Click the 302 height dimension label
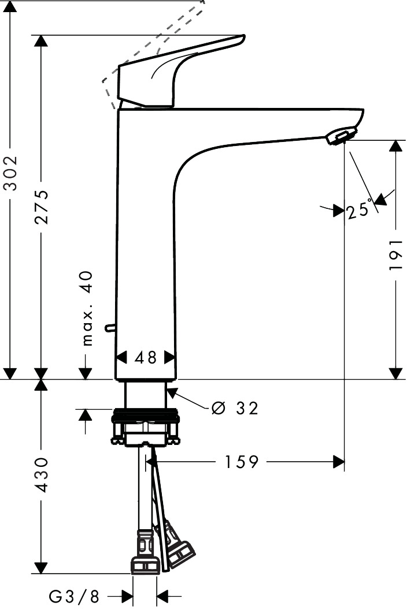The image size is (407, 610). (x=10, y=173)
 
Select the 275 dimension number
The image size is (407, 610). (x=41, y=207)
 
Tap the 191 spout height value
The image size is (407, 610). (x=395, y=255)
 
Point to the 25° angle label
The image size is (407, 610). (x=360, y=209)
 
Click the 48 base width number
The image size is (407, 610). (x=146, y=357)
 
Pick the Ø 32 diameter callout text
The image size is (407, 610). (x=235, y=408)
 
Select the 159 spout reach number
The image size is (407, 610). (x=242, y=462)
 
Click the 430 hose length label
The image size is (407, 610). (x=41, y=475)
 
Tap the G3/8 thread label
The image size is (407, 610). (x=74, y=596)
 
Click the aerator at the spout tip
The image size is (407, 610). (x=341, y=136)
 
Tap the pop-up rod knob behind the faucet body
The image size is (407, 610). (x=110, y=328)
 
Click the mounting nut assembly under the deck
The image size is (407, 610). (x=146, y=426)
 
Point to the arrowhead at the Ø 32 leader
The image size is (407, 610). (x=172, y=392)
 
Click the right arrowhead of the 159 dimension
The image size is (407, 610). (x=339, y=462)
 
